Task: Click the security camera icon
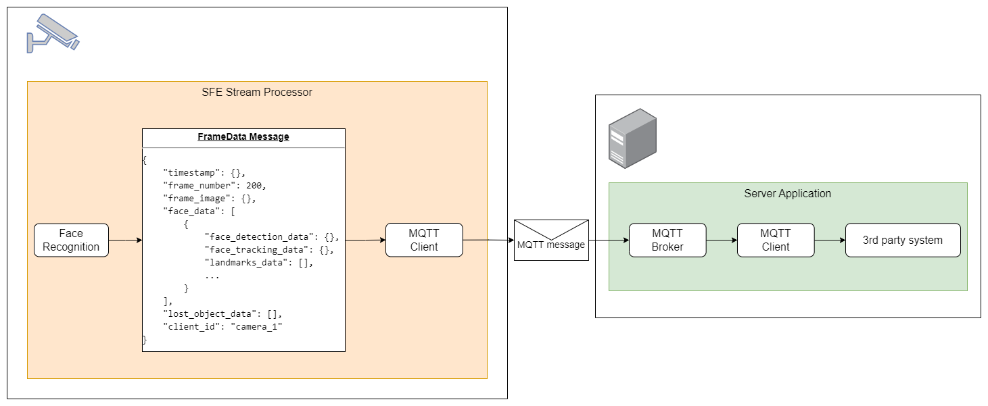(x=53, y=34)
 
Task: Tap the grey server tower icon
(x=632, y=138)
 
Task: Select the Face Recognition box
(x=71, y=240)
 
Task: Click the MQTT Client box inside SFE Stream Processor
(x=424, y=240)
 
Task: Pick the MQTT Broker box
(x=667, y=240)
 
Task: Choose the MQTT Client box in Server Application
(x=776, y=240)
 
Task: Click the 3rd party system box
(x=903, y=240)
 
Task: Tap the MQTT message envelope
(x=551, y=240)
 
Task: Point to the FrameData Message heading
(x=243, y=136)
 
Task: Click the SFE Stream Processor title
(x=257, y=92)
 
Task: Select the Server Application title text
(x=788, y=193)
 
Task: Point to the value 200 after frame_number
(x=254, y=186)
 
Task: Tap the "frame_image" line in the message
(x=210, y=199)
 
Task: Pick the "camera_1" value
(x=256, y=327)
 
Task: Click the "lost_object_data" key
(x=210, y=314)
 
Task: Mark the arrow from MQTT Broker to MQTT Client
(x=722, y=240)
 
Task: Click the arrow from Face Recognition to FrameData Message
(x=125, y=240)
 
